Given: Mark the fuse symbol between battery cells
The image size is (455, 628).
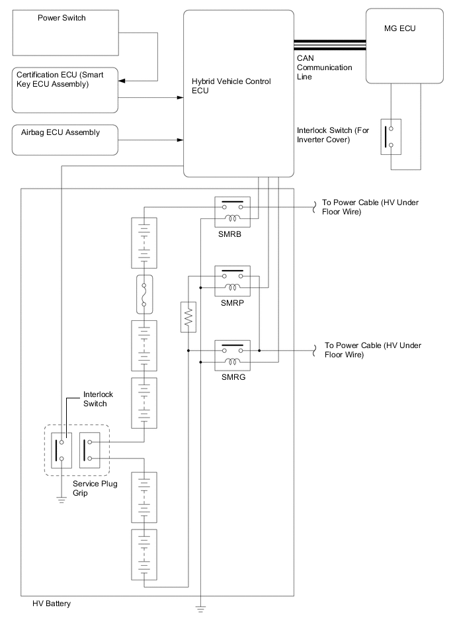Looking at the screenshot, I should [x=145, y=294].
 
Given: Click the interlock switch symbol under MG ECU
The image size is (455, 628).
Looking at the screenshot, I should [x=391, y=136].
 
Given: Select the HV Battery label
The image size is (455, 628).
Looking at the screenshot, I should [x=52, y=604].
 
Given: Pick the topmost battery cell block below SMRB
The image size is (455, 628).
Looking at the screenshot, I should [x=145, y=244].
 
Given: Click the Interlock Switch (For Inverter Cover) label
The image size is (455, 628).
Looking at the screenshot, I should [x=333, y=135].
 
